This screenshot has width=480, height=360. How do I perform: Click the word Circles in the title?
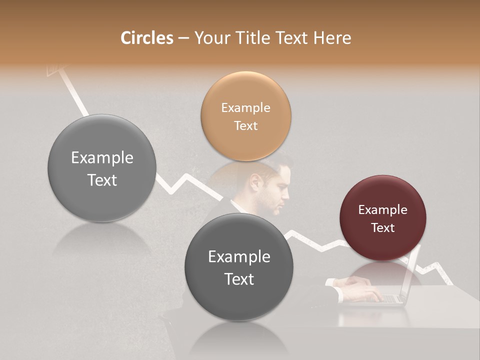click(x=147, y=38)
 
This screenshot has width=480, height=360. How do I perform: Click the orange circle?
click(x=245, y=116)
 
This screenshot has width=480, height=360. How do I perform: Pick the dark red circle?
click(x=382, y=218)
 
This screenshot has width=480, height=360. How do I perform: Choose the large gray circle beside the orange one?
click(x=102, y=168)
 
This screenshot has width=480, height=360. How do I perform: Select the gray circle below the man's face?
click(x=239, y=267)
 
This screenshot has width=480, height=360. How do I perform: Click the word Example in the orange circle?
click(x=245, y=107)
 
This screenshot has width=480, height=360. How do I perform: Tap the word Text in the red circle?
click(x=382, y=227)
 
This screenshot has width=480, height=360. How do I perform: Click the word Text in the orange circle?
click(x=245, y=125)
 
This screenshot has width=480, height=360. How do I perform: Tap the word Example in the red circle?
click(x=382, y=209)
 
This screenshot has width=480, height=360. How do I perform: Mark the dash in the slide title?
click(x=183, y=38)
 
